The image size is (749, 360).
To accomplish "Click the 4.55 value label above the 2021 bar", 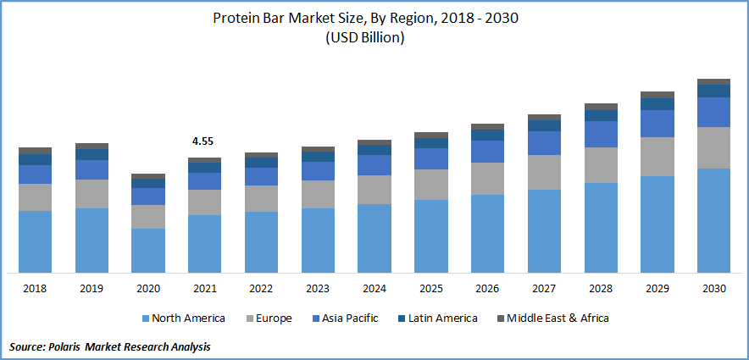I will point(203,142).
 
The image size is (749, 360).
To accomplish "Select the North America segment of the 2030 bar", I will point(713,220).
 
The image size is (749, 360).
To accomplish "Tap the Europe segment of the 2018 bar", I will point(35,197).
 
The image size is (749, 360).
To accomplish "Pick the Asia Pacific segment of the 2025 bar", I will point(430,158).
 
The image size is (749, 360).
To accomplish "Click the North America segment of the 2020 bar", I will point(148,250).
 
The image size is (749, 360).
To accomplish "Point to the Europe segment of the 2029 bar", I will point(657,156).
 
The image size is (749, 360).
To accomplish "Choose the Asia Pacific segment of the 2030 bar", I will point(713,112).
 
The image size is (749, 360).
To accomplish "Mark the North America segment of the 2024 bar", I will point(374,238).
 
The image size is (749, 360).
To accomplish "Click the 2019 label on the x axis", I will point(92,289).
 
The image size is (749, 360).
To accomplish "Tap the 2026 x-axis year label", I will point(487,289).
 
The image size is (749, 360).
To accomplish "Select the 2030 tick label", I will point(713,289).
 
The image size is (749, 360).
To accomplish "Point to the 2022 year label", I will point(261,289).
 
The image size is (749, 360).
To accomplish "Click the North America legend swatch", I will point(146,318).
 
